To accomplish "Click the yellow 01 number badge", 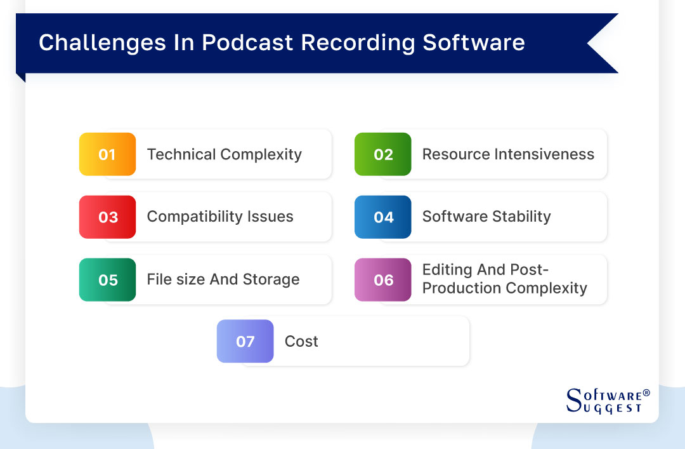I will (107, 154).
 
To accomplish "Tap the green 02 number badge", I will (383, 154).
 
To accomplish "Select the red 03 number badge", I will (107, 217).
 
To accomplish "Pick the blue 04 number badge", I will (383, 217).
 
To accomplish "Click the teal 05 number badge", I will (107, 280).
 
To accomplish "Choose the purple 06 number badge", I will (383, 280).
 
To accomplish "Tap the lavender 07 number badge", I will (245, 342).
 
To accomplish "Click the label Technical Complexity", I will (224, 154).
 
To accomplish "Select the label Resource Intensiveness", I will (508, 154).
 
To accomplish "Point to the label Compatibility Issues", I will (220, 217).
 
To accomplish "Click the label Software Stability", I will (486, 217).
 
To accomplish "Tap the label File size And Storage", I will (223, 279).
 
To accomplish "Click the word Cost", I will (301, 342).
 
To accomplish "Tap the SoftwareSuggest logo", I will (607, 401).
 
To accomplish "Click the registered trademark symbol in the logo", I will (646, 393).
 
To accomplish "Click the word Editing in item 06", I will (447, 270).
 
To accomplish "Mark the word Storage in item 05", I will (273, 279).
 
